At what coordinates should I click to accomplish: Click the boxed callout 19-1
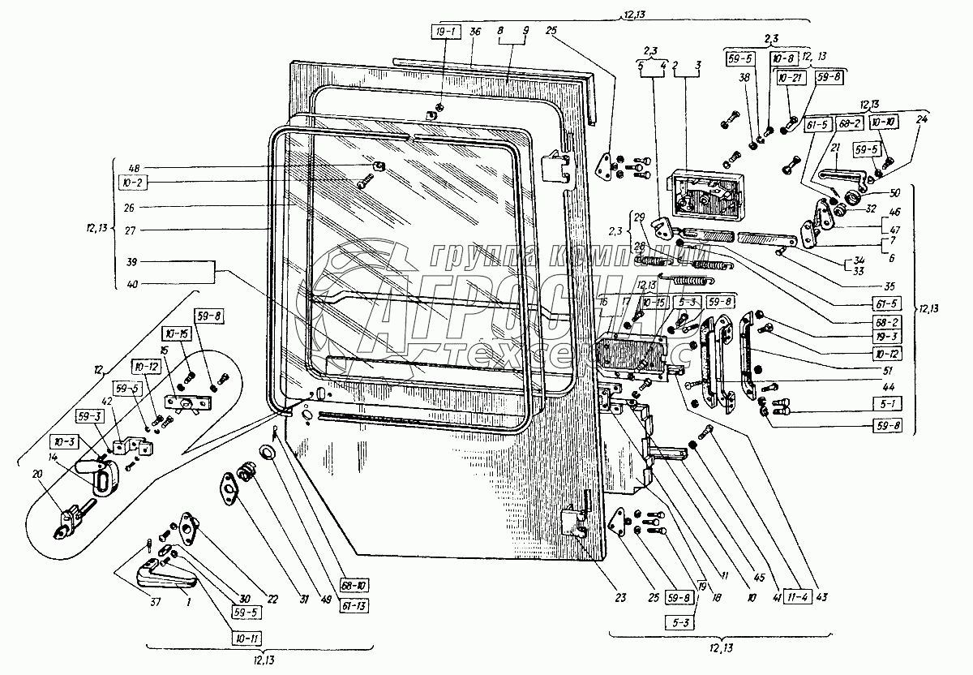click(x=445, y=32)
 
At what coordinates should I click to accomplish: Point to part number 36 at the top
click(x=474, y=32)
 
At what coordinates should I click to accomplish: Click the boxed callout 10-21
click(x=790, y=78)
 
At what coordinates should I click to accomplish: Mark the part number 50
click(x=894, y=192)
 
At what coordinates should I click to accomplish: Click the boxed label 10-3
click(x=62, y=442)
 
